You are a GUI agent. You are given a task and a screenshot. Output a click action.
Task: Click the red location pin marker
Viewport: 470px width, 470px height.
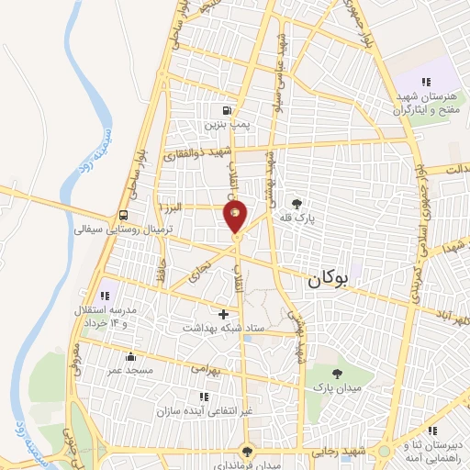tap(235, 216)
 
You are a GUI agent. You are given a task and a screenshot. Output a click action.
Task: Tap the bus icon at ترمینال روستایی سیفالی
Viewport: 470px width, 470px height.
tap(122, 216)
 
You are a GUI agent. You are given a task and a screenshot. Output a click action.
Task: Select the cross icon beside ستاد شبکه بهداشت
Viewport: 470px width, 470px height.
tap(223, 313)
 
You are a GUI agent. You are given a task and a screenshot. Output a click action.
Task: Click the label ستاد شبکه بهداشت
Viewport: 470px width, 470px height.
tap(223, 328)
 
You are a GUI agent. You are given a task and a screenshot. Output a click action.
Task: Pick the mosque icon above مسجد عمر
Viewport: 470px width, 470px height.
tap(131, 356)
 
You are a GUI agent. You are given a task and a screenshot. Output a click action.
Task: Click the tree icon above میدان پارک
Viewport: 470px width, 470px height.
tap(338, 373)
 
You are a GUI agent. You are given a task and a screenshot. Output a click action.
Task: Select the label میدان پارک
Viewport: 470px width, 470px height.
tap(338, 388)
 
